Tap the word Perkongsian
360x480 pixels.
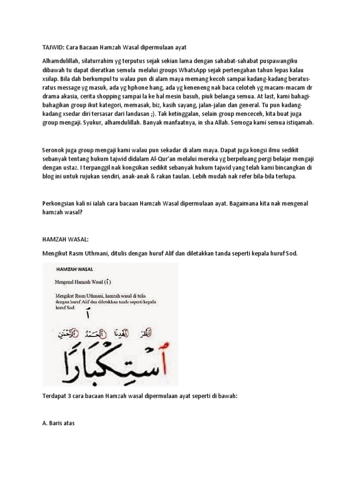pos(60,205)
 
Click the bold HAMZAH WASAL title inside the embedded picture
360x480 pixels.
pos(74,270)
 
